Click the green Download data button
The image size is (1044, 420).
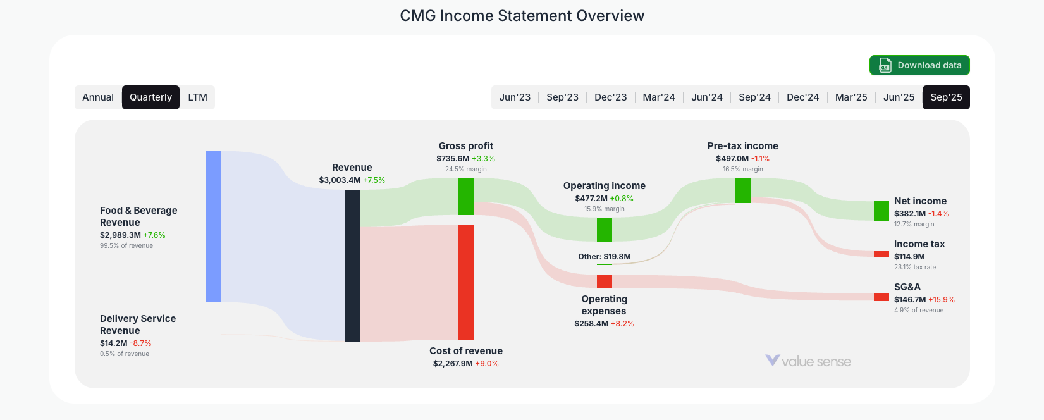[x=919, y=65]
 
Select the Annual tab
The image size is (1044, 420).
[x=98, y=97]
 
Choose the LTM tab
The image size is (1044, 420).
[x=197, y=97]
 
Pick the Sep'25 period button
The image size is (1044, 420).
[x=946, y=97]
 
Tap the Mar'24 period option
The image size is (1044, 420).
[x=659, y=97]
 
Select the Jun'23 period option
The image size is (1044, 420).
[x=515, y=97]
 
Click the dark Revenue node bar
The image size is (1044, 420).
[x=352, y=266]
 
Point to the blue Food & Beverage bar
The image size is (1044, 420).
[x=214, y=226]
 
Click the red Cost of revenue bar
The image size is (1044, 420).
[x=466, y=282]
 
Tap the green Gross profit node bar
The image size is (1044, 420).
[x=466, y=196]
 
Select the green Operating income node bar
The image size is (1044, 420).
[x=605, y=230]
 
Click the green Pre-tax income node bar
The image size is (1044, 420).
[x=743, y=190]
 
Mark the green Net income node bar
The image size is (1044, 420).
[x=881, y=211]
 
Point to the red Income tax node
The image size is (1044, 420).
[x=881, y=254]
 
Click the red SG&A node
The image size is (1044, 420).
[x=881, y=297]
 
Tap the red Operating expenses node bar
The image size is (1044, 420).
[x=605, y=281]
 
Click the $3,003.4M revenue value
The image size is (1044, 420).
[x=340, y=180]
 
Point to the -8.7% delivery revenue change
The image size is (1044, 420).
[x=140, y=343]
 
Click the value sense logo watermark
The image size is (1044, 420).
[x=808, y=361]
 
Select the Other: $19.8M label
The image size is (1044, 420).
[x=605, y=257]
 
